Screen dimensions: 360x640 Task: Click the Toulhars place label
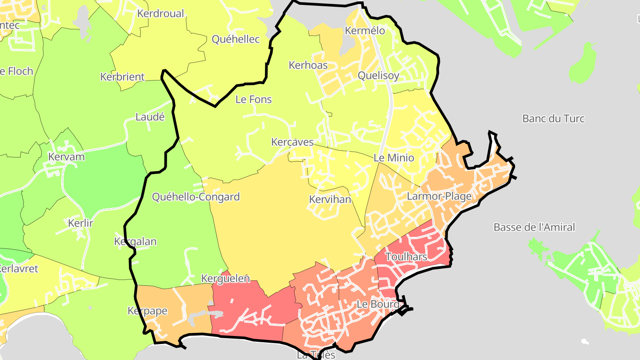click(x=406, y=257)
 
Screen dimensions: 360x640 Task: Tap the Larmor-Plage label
click(x=440, y=196)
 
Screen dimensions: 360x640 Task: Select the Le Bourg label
click(x=378, y=305)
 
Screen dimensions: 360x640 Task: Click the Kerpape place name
click(x=148, y=311)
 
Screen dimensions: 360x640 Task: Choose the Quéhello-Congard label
click(x=196, y=197)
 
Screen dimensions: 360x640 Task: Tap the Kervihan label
click(x=330, y=200)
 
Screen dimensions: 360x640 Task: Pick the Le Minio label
click(x=393, y=158)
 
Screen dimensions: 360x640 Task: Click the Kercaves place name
click(x=292, y=143)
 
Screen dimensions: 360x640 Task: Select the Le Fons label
click(x=253, y=100)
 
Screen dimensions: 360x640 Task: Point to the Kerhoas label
click(x=308, y=65)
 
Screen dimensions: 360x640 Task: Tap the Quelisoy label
click(x=379, y=76)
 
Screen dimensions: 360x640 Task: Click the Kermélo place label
click(x=365, y=31)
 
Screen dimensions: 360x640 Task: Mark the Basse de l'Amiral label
click(x=534, y=228)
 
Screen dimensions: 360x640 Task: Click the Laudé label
click(x=150, y=117)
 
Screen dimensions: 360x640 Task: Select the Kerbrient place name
click(x=122, y=77)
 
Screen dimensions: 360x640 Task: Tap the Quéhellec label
click(x=236, y=40)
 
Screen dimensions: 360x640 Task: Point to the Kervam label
click(x=66, y=157)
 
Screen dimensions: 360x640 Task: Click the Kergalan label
click(x=136, y=242)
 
